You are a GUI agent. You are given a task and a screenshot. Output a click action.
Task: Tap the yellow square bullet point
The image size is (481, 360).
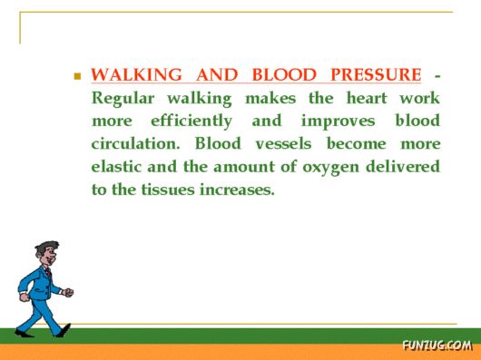click(x=78, y=77)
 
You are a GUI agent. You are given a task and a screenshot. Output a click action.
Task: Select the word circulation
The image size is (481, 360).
click(x=136, y=144)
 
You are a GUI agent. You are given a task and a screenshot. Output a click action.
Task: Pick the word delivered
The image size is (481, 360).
click(x=404, y=168)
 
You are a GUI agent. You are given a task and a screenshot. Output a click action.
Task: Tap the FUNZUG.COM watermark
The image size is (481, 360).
click(x=437, y=345)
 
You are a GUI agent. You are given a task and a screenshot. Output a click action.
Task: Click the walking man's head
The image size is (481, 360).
click(x=46, y=254)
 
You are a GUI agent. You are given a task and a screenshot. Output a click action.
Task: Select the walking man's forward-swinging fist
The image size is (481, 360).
click(x=68, y=292)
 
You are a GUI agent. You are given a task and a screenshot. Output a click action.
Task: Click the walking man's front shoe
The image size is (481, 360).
click(x=64, y=331)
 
